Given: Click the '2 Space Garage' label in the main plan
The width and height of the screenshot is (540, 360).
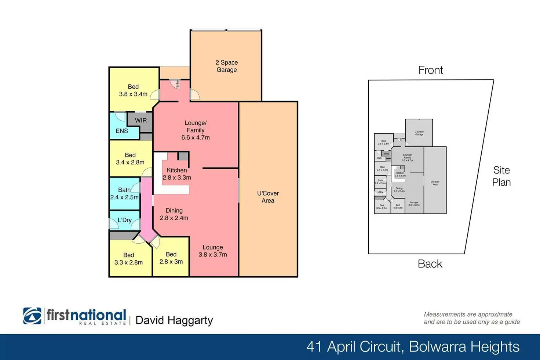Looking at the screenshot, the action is (226, 66).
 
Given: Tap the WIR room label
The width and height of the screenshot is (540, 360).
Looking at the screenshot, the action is (141, 120).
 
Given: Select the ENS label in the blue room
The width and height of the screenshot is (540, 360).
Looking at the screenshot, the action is (122, 131).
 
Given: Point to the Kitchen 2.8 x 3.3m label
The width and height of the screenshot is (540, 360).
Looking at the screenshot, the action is (177, 174).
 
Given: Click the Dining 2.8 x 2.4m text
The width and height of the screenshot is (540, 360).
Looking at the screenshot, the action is (174, 214).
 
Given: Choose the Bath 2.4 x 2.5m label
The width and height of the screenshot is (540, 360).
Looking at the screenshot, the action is (124, 194).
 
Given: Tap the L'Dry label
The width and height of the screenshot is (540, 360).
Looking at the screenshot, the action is (125, 220).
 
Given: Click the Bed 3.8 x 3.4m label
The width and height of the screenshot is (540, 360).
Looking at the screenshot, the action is (133, 91).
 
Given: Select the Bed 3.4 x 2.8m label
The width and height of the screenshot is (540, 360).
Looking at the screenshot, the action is (130, 159).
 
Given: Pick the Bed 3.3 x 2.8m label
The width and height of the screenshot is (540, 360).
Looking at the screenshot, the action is (128, 259).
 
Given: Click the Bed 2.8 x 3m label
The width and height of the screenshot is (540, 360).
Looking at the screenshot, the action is (171, 258).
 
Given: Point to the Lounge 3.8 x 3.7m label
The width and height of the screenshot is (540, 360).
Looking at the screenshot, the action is (213, 251).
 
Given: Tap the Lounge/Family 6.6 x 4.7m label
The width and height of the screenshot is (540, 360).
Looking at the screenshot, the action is (196, 130).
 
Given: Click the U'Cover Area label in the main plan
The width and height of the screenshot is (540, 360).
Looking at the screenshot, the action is (268, 197).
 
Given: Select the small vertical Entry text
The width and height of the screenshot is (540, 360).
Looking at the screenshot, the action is (177, 84).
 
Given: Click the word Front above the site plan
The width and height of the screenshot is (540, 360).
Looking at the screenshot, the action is (431, 70).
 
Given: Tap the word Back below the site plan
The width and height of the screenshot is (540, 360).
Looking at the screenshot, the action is (430, 264).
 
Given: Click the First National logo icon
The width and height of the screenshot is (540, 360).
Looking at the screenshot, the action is (32, 316).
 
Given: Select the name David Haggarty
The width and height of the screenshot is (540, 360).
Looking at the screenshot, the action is (174, 320).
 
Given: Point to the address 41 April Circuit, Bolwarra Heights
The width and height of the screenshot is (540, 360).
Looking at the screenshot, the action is (413, 347).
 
